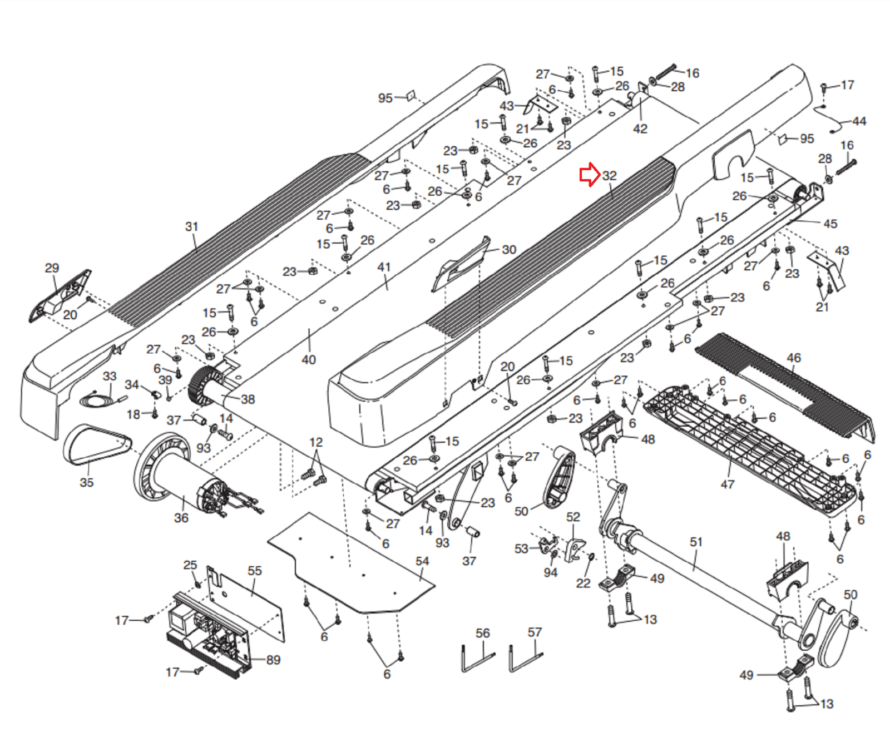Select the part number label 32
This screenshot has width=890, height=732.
(610, 176)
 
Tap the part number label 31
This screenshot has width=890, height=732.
(192, 226)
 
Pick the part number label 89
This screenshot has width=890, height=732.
(273, 660)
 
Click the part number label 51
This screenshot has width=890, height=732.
(696, 542)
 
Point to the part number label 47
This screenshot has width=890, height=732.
(728, 484)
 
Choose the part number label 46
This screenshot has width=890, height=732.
(794, 358)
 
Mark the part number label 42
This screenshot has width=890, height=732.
(640, 128)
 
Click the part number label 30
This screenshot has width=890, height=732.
(509, 250)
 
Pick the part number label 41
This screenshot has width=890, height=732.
(384, 267)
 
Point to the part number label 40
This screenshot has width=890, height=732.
(309, 360)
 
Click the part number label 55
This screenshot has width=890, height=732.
(255, 571)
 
